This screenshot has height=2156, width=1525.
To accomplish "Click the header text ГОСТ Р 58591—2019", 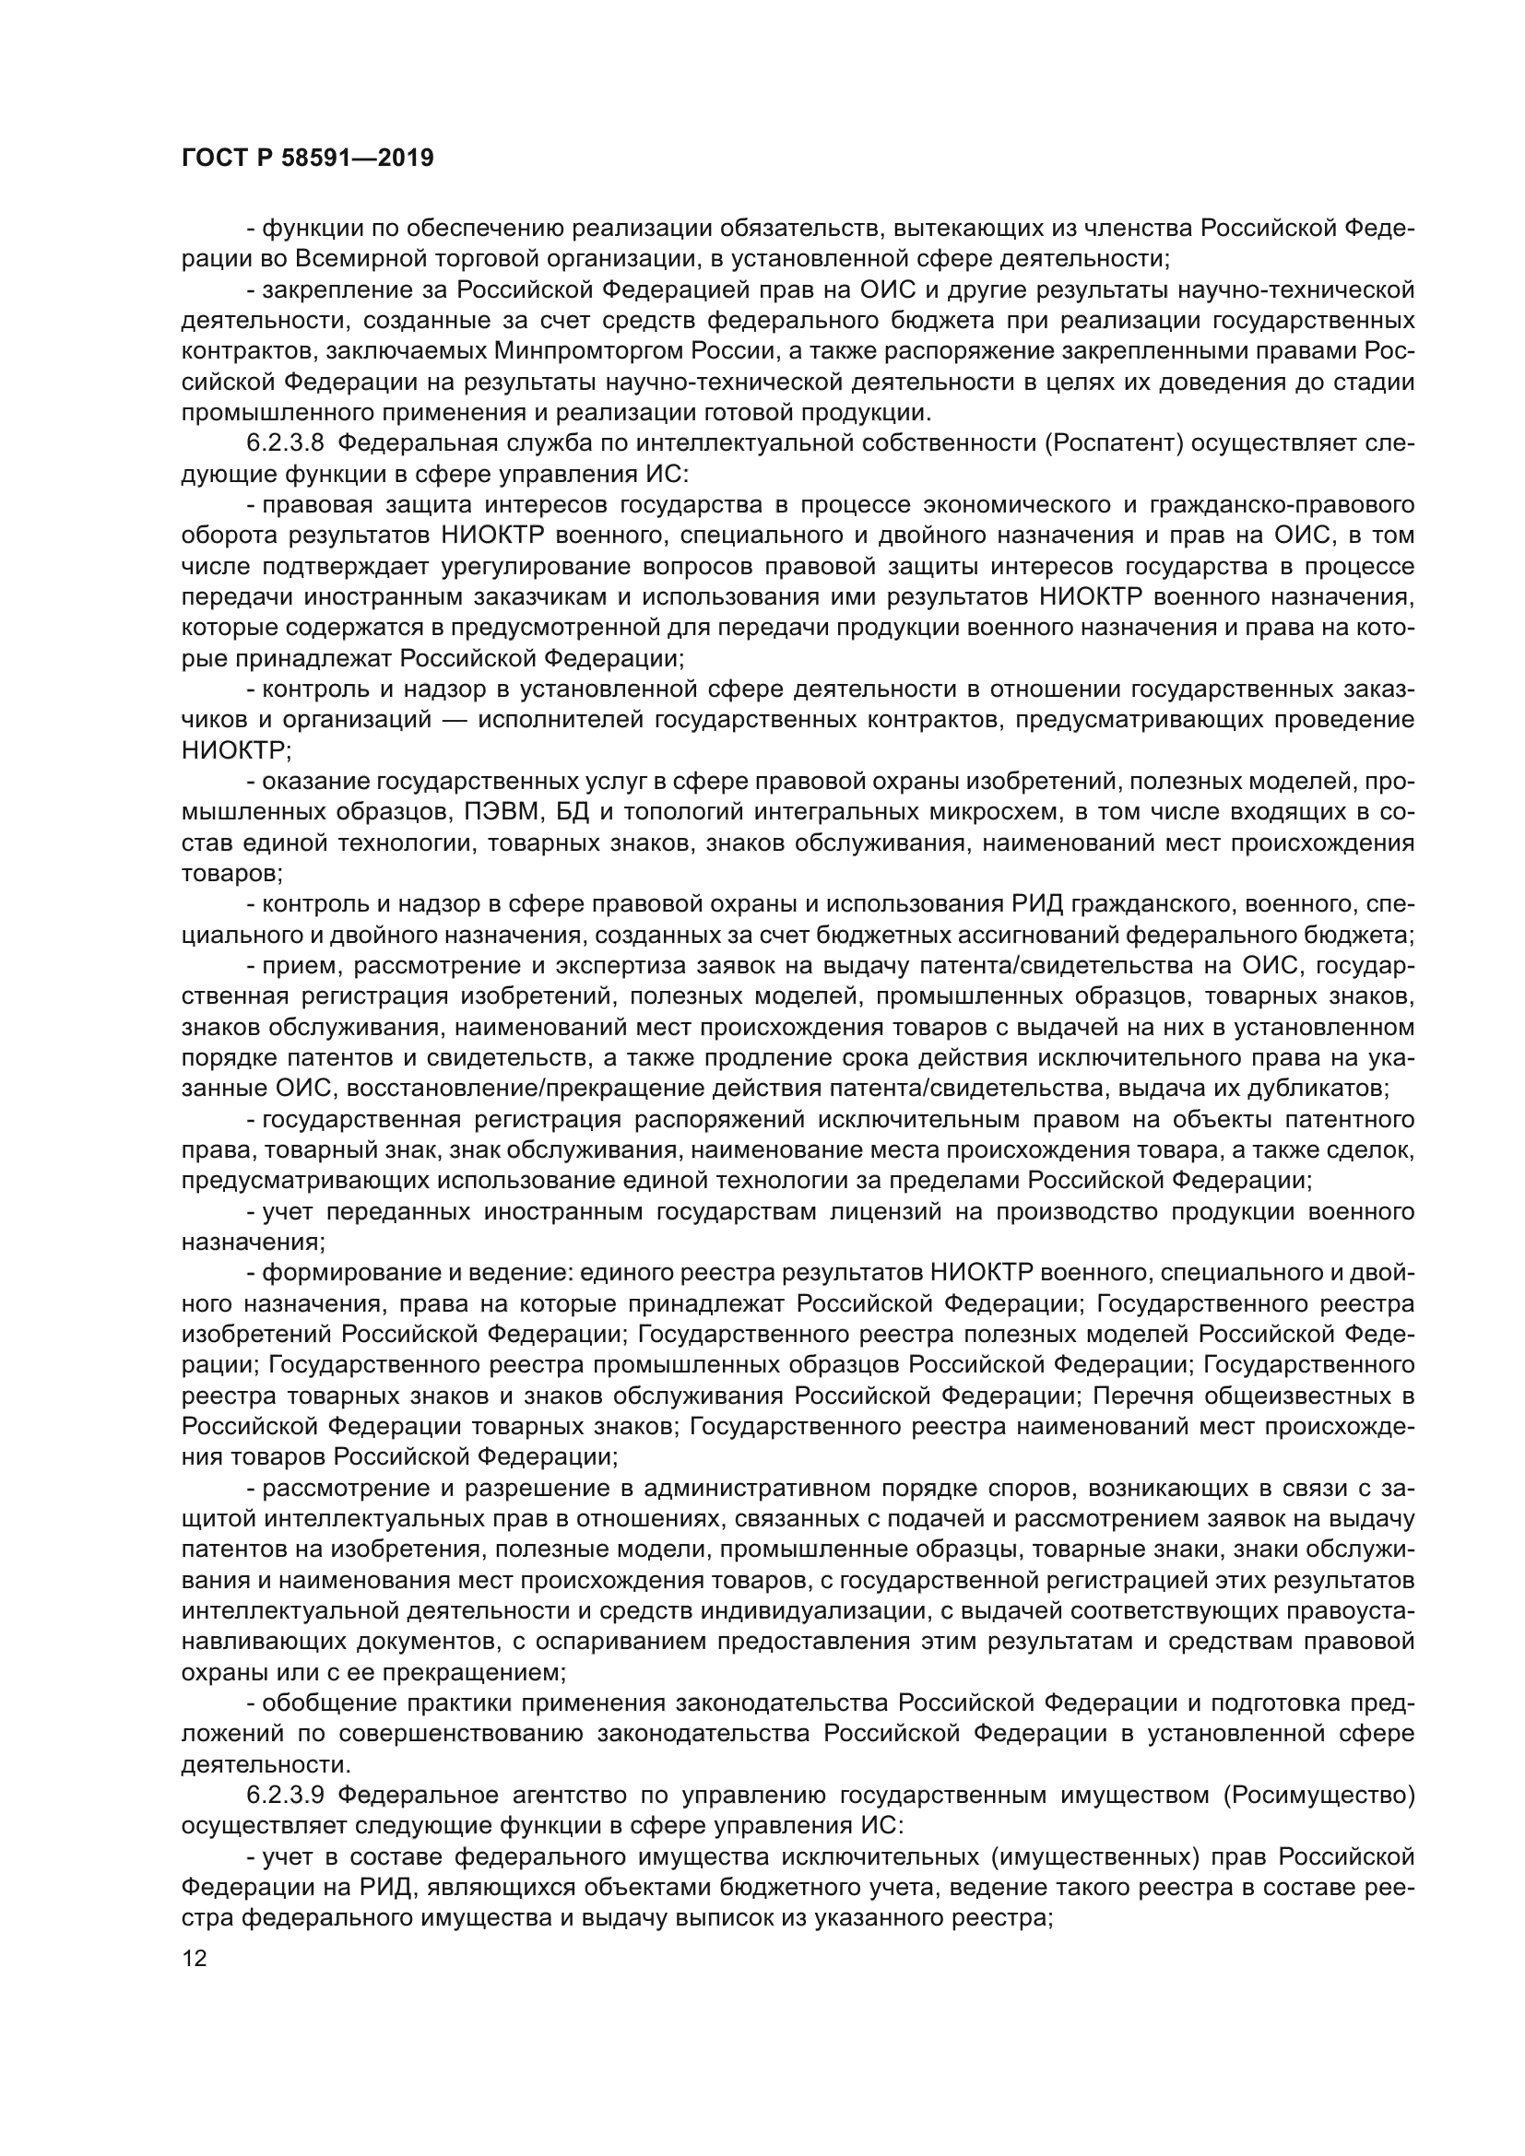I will (x=307, y=158).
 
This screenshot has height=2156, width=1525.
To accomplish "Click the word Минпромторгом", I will (x=590, y=351).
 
